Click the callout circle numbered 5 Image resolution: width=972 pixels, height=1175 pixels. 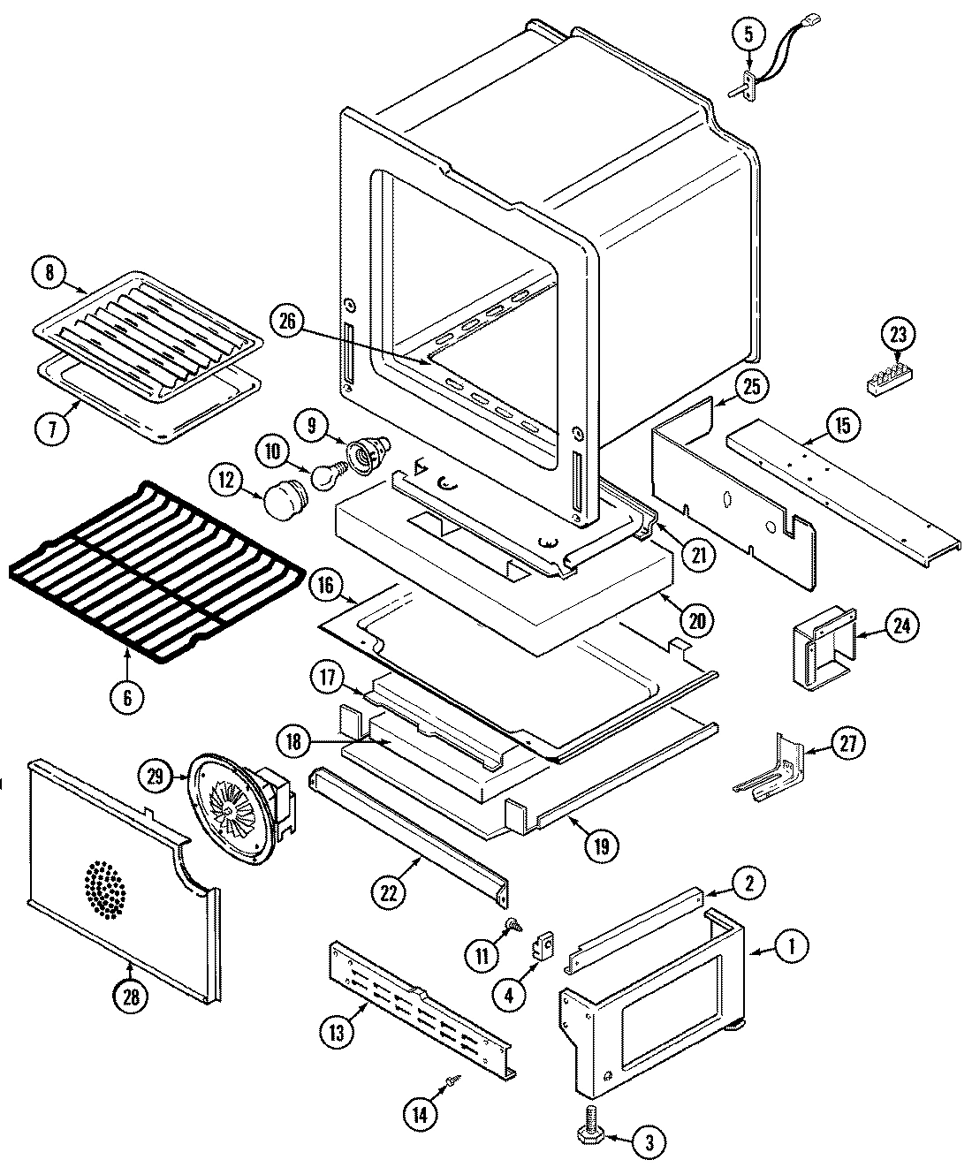[748, 36]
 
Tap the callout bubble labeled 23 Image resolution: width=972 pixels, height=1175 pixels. [899, 335]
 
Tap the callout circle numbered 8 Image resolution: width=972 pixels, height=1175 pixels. [49, 273]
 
